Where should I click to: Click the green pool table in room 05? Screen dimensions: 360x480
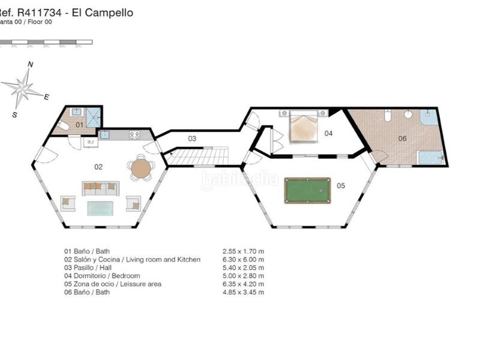click(x=307, y=190)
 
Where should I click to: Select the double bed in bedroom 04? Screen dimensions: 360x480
click(x=303, y=127)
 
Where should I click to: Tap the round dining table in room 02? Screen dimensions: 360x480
click(x=141, y=168)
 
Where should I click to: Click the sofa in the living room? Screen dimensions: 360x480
click(x=101, y=188)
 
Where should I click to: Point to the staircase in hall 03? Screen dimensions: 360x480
click(x=196, y=157)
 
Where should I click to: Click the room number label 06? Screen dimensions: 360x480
click(x=402, y=139)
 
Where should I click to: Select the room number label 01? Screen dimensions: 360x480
click(x=79, y=125)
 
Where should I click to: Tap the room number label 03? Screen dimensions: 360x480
click(x=192, y=139)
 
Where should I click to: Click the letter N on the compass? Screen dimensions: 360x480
click(x=31, y=65)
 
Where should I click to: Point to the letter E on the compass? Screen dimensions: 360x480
click(x=46, y=96)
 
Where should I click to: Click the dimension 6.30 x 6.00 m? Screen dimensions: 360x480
click(x=243, y=259)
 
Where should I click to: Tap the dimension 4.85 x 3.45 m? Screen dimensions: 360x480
click(x=243, y=292)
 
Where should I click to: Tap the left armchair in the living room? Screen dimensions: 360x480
click(x=67, y=203)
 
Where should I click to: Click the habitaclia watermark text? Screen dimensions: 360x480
click(x=239, y=179)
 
